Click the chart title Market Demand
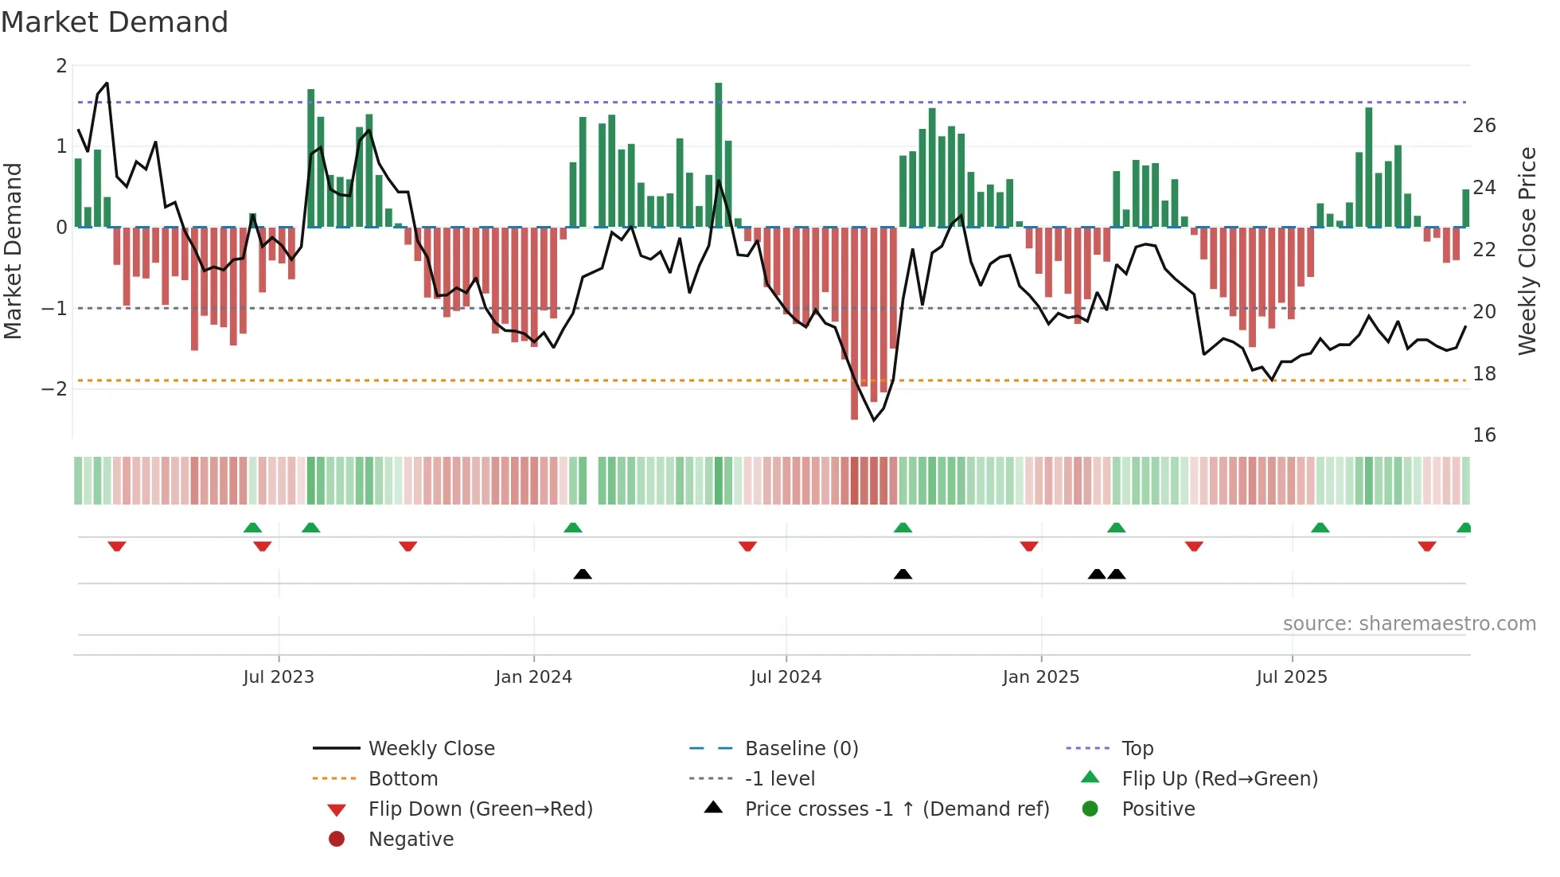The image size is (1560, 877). tap(115, 22)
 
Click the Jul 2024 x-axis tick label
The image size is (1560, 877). tap(786, 677)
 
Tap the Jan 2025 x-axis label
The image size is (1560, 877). tap(1040, 677)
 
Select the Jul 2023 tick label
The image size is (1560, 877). tap(279, 677)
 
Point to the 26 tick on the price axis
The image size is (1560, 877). tap(1484, 126)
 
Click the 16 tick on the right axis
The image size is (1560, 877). tap(1484, 435)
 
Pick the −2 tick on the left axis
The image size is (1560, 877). tap(54, 389)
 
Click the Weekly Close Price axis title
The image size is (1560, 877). tap(1527, 251)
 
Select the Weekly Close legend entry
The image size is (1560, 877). tap(431, 749)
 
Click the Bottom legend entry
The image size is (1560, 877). tap(403, 779)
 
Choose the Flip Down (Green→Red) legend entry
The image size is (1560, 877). tap(480, 809)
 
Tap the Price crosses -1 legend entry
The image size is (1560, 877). tap(897, 809)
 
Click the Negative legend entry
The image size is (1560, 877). tap(411, 840)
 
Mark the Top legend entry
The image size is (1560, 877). tap(1137, 749)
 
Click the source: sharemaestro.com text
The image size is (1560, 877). tap(1409, 624)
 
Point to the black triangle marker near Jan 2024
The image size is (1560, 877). tap(583, 574)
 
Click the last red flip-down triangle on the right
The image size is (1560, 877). tap(1426, 546)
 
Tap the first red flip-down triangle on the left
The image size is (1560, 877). tap(117, 546)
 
